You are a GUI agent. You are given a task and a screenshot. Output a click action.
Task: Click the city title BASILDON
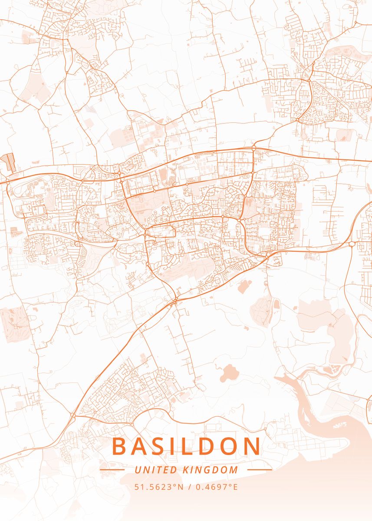point(187,446)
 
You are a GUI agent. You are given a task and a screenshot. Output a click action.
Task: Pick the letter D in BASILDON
point(210,446)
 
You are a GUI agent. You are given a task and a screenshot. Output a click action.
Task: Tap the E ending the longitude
point(235,487)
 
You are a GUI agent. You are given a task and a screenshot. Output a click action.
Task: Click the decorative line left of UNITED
point(112,470)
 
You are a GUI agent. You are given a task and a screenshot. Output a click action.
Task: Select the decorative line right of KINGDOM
point(260,470)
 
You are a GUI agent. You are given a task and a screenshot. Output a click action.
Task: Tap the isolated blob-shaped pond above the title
point(229,373)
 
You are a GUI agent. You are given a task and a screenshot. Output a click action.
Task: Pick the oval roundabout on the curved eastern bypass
point(351,244)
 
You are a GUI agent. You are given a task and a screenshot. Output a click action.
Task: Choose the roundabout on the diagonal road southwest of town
point(72,415)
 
